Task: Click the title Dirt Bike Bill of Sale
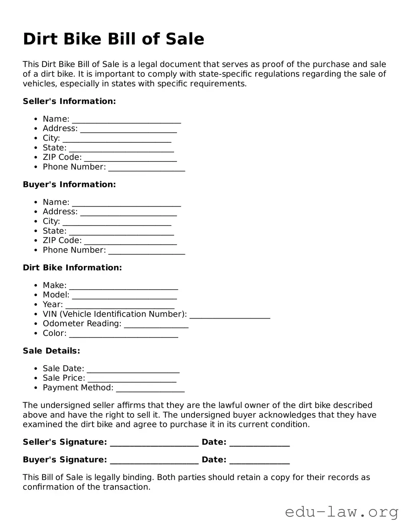pyautogui.click(x=114, y=39)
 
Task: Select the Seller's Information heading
pyautogui.click(x=69, y=101)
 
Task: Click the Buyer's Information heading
pyautogui.click(x=69, y=184)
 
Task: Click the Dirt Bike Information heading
pyautogui.click(x=72, y=268)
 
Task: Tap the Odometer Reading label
pyautogui.click(x=82, y=324)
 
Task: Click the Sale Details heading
pyautogui.click(x=51, y=351)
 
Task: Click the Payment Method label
pyautogui.click(x=78, y=388)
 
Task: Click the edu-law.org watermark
pyautogui.click(x=341, y=512)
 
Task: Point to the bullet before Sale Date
pyautogui.click(x=36, y=369)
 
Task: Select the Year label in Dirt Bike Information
pyautogui.click(x=53, y=304)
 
